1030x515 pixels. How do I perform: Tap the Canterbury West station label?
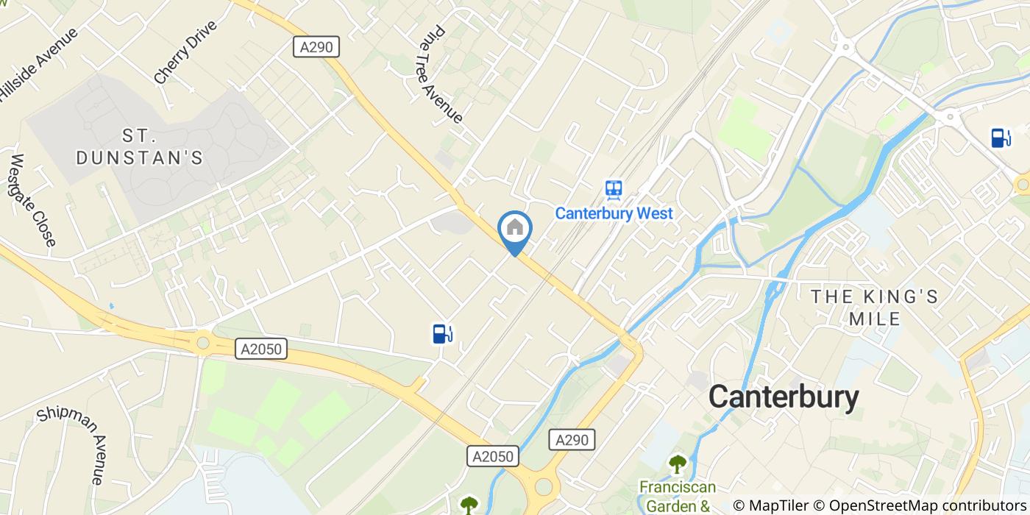click(x=614, y=213)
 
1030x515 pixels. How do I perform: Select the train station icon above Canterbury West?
click(x=614, y=190)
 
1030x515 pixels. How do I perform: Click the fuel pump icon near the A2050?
click(x=441, y=334)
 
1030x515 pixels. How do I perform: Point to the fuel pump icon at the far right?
click(x=1001, y=138)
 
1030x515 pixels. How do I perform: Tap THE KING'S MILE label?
click(x=874, y=308)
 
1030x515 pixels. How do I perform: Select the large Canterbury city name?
click(x=784, y=397)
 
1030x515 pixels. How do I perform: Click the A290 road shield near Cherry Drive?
click(x=316, y=47)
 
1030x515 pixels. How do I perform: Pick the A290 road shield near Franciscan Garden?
click(x=572, y=440)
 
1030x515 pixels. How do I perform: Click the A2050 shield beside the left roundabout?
click(x=261, y=349)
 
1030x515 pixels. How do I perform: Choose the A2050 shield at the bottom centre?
click(x=493, y=457)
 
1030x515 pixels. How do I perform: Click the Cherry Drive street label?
click(x=185, y=51)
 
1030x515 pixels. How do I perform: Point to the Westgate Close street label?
click(x=34, y=200)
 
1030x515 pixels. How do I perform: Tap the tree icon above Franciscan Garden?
click(x=677, y=464)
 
